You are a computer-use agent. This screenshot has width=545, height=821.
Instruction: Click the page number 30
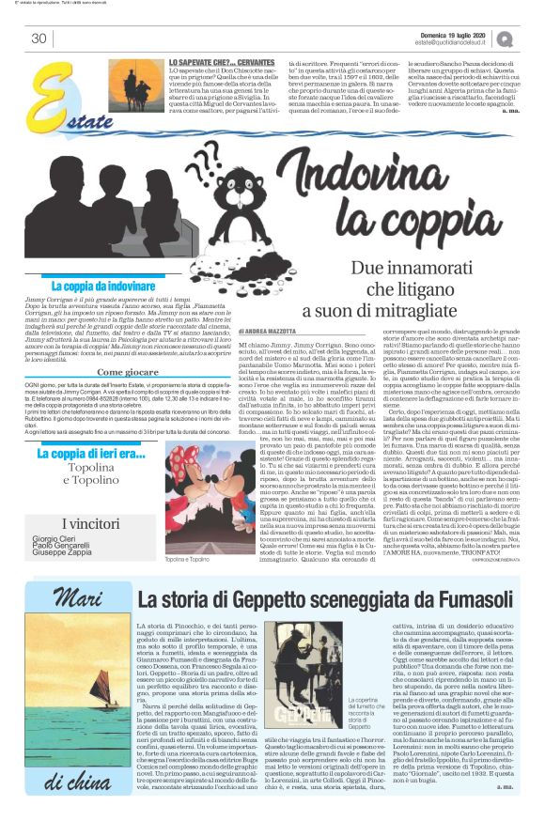[39, 39]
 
